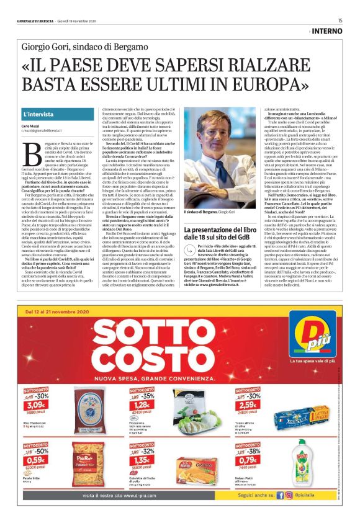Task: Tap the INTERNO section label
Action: [327, 30]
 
